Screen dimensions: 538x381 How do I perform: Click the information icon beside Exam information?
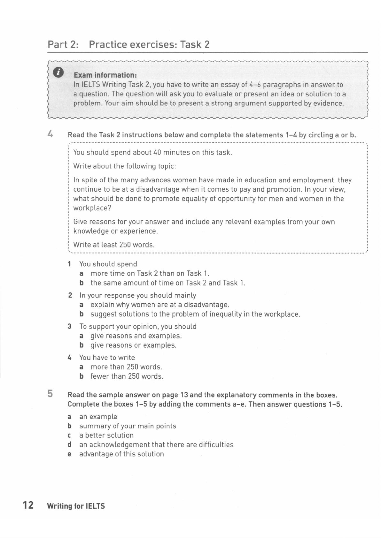(58, 73)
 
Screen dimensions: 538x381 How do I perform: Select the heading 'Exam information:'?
(105, 75)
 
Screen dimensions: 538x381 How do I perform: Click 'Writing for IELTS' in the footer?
(76, 506)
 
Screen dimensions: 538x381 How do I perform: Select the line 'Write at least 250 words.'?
(114, 245)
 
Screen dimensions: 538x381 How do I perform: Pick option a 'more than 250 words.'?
(126, 367)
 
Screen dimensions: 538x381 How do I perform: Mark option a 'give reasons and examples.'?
(136, 336)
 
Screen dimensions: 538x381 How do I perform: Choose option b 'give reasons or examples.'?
(134, 345)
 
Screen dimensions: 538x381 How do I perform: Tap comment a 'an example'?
(98, 417)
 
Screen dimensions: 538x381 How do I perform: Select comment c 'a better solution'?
(106, 435)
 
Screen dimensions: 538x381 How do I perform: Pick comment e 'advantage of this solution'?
(121, 454)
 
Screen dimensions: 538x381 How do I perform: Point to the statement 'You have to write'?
(107, 358)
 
